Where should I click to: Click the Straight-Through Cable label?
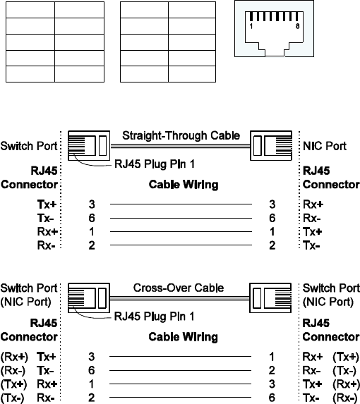[x=181, y=136]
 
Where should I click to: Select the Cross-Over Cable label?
[x=179, y=288]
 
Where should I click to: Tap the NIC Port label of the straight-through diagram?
[x=325, y=146]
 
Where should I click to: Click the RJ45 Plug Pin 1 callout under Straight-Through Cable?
[x=155, y=164]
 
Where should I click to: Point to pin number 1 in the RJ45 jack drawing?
[x=251, y=26]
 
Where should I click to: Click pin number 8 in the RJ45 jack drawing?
[x=298, y=26]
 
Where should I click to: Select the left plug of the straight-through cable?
[x=89, y=145]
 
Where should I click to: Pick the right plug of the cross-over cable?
[x=270, y=298]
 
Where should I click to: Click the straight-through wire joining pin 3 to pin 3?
[x=181, y=204]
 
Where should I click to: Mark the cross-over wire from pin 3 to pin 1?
[x=181, y=357]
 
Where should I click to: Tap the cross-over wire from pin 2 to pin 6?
[x=181, y=397]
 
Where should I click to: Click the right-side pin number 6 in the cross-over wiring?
[x=272, y=398]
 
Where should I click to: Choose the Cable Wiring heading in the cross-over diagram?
[x=184, y=337]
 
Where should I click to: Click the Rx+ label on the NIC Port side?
[x=313, y=204]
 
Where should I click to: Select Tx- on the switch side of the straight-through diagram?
[x=46, y=219]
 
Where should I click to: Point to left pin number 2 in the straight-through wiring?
[x=92, y=245]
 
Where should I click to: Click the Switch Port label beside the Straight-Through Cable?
[x=29, y=146]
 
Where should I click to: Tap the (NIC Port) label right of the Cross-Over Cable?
[x=328, y=302]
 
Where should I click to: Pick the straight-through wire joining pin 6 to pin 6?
[x=181, y=219]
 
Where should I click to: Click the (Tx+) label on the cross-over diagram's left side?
[x=14, y=384]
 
